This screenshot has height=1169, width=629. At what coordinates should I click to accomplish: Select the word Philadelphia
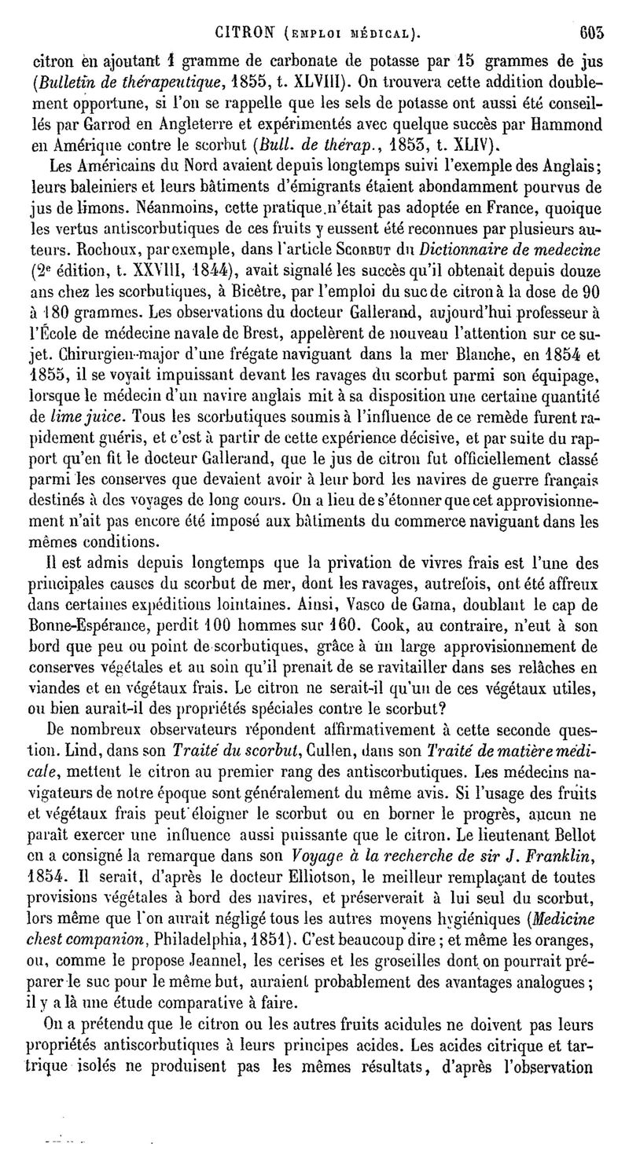click(194, 955)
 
